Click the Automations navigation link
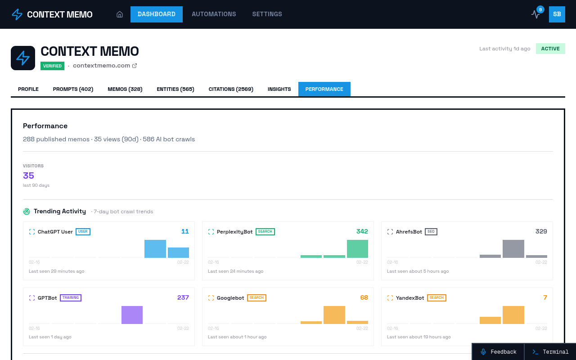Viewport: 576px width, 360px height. [x=214, y=14]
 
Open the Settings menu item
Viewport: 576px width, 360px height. [x=267, y=14]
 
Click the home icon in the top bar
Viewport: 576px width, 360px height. [x=120, y=14]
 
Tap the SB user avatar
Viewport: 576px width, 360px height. [x=557, y=14]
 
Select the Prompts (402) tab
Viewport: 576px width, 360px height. [x=73, y=89]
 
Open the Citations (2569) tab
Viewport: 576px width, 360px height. [x=231, y=89]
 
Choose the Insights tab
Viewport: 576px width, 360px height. [x=279, y=89]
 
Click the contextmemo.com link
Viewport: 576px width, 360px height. [x=102, y=66]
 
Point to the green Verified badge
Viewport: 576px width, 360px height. [x=52, y=66]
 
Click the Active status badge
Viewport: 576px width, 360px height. [x=550, y=49]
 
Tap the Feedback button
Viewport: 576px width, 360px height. [x=498, y=352]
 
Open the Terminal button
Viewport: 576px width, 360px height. [x=550, y=352]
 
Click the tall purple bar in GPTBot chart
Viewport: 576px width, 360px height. [x=132, y=315]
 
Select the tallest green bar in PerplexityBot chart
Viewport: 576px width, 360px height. [x=357, y=249]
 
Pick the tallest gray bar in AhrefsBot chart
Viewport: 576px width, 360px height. [x=513, y=249]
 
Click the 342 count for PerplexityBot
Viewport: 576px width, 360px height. [x=362, y=231]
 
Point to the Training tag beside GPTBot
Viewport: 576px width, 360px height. [x=71, y=298]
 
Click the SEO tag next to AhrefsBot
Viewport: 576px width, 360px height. [x=431, y=232]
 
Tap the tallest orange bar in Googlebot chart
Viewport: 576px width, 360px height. [x=334, y=315]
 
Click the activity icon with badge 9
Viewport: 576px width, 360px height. [x=535, y=14]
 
